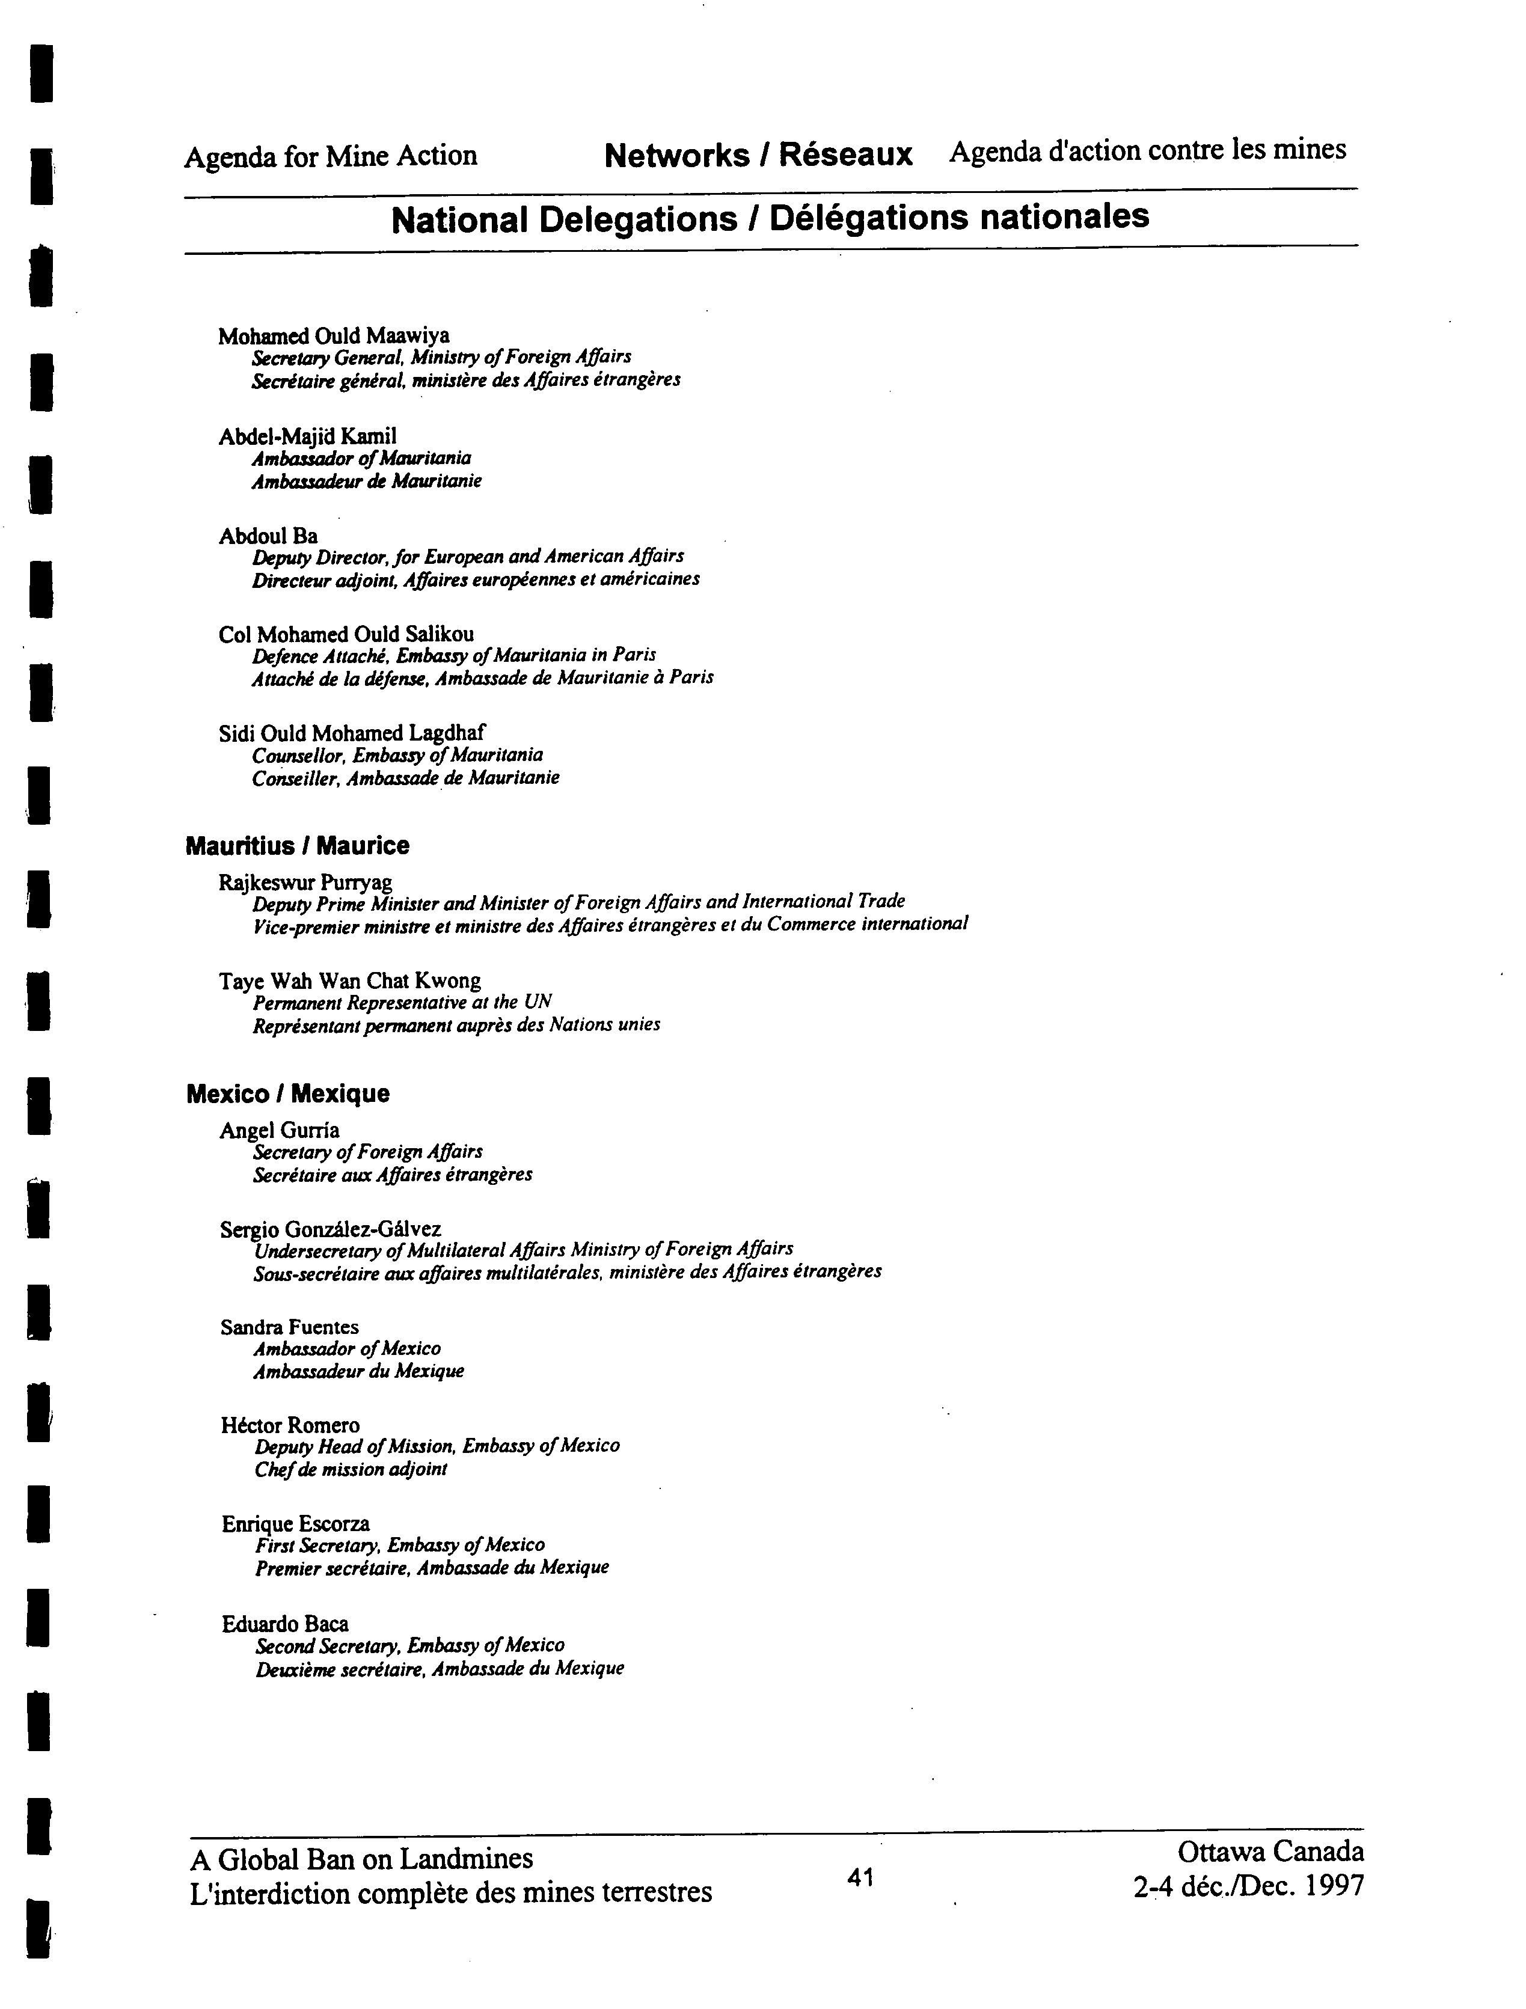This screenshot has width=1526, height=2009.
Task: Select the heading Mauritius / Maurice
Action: coord(297,846)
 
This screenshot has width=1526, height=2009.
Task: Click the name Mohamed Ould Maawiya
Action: coord(333,336)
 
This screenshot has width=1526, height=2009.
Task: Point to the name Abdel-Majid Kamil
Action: coord(307,436)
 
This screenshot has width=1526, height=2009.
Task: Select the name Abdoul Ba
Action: coord(268,536)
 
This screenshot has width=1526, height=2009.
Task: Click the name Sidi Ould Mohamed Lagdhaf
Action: coord(352,733)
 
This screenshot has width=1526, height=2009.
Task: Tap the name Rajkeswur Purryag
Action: coord(305,882)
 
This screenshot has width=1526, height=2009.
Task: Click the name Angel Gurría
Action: coord(280,1130)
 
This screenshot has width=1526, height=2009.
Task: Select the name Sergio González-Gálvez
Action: coord(331,1229)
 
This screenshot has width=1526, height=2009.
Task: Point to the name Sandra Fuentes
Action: coord(289,1327)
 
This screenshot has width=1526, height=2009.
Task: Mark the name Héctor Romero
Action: coord(290,1425)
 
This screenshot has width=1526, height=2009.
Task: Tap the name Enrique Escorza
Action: coord(295,1523)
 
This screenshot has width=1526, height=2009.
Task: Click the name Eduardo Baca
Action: coord(284,1623)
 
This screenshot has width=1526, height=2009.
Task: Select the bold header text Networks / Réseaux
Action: coord(758,155)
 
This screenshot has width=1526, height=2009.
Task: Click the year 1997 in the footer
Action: coord(1334,1886)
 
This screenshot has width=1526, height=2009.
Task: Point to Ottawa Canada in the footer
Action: coord(1270,1851)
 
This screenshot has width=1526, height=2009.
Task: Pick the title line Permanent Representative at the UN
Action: coord(402,1001)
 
